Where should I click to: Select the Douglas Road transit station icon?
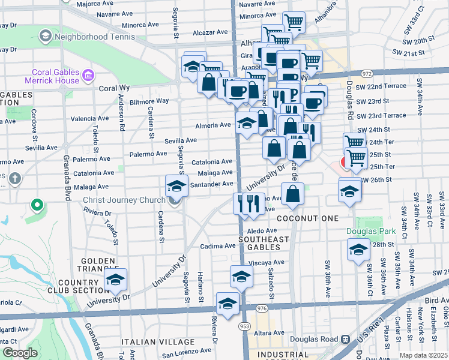pos(346,339)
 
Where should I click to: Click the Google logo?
pos(20,353)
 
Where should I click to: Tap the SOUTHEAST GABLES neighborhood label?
pos(264,244)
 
